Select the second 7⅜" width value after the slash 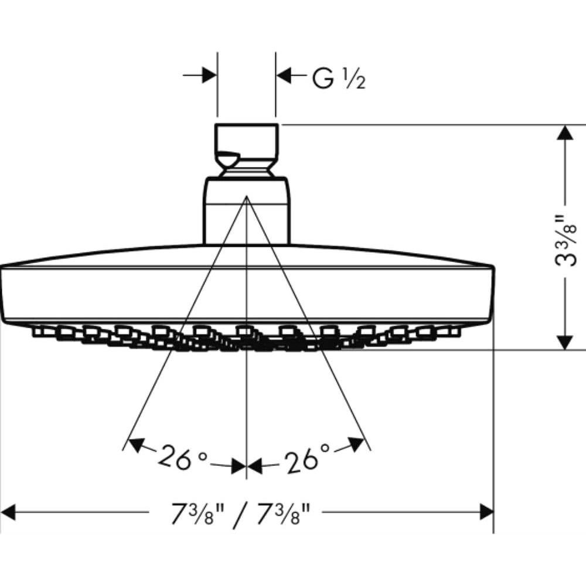pos(284,514)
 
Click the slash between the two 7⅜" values pos(240,515)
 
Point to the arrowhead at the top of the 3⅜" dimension pos(565,132)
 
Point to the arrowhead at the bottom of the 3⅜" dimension pos(565,342)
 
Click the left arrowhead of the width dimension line pos(8,512)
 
